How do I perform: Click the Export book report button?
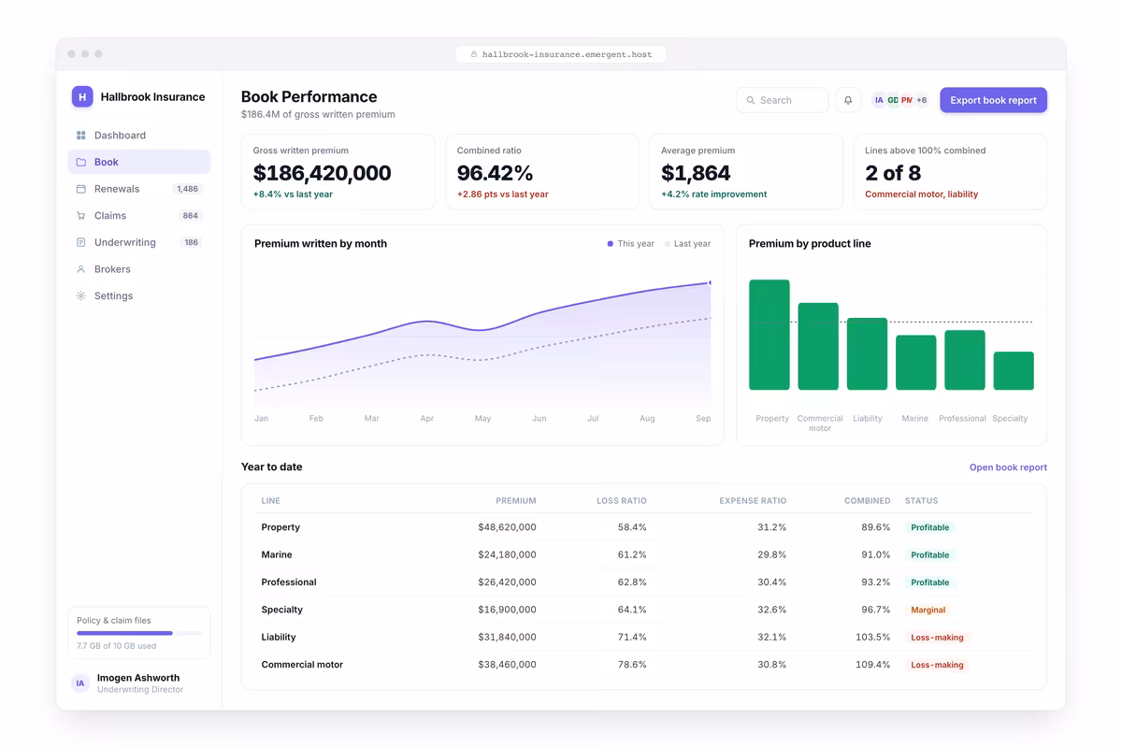coord(993,100)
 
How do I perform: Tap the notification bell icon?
coord(848,100)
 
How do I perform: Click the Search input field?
coord(782,100)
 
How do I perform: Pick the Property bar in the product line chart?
coord(770,335)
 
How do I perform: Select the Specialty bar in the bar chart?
coord(1014,371)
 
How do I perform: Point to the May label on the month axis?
coord(482,418)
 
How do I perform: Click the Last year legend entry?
coord(688,243)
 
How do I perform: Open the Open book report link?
coord(1008,467)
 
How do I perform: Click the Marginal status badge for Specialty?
coord(928,610)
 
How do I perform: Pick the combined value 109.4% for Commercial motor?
coord(872,665)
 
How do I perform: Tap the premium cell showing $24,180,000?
coord(507,554)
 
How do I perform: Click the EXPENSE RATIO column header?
coord(753,500)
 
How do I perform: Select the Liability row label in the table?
coord(279,637)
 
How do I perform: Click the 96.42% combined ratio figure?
coord(495,173)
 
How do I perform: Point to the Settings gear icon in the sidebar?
coord(80,295)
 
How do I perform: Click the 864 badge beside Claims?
coord(190,215)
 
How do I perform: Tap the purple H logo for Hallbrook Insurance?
coord(82,96)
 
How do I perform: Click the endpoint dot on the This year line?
coord(710,283)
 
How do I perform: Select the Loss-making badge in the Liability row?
coord(937,638)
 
